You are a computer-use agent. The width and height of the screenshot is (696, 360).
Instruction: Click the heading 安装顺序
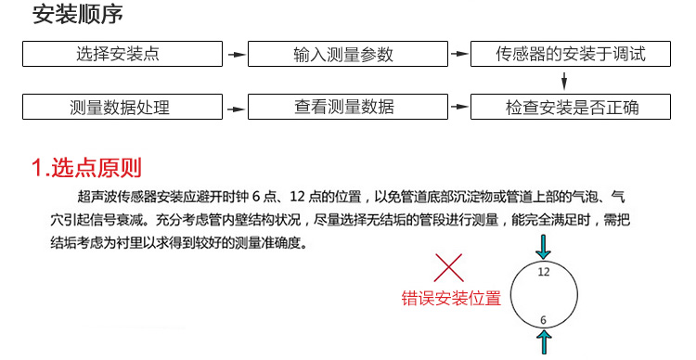coord(76,17)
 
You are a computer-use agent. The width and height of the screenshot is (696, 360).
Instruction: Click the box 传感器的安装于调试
coord(571,54)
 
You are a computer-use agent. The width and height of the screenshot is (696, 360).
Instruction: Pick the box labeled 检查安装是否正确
coord(571,107)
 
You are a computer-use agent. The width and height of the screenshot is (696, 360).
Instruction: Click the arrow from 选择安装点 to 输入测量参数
coord(237,55)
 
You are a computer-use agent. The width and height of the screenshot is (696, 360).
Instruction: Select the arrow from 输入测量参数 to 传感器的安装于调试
coord(459,55)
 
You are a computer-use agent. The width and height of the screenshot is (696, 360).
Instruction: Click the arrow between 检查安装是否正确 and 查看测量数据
coord(459,107)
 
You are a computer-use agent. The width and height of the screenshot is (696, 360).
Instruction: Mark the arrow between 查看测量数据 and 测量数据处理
coord(237,107)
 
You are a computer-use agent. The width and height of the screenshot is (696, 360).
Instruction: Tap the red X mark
coord(449,269)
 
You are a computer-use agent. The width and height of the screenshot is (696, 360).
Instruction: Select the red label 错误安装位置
coord(451,299)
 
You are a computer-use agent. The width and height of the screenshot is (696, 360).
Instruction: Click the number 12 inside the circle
coord(544,272)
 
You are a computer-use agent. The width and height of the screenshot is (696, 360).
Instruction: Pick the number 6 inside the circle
coord(544,320)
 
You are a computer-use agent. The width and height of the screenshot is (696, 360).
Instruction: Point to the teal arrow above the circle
coord(544,247)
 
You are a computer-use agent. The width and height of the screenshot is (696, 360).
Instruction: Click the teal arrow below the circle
coord(544,342)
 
